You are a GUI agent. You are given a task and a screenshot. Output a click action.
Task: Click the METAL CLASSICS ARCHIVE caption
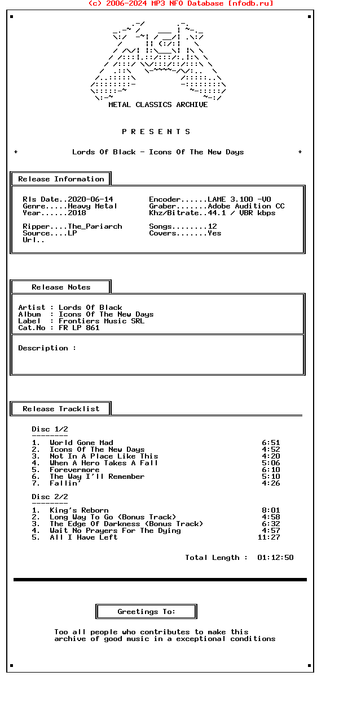click(158, 105)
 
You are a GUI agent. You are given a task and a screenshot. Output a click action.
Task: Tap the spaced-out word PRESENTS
click(156, 132)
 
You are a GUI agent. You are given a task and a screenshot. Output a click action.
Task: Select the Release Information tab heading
click(61, 179)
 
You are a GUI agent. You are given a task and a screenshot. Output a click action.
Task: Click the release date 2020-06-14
click(90, 199)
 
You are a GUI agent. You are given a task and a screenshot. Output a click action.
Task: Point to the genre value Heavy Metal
click(93, 206)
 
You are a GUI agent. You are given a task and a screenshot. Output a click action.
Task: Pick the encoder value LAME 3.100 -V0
click(239, 199)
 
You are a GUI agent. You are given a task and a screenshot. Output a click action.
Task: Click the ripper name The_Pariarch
click(95, 226)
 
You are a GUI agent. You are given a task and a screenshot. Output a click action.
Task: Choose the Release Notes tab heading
click(61, 287)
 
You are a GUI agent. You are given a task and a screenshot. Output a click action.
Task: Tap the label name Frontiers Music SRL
click(102, 321)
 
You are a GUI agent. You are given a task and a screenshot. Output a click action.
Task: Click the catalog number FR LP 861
click(79, 328)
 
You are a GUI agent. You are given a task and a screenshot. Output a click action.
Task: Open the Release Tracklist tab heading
click(61, 409)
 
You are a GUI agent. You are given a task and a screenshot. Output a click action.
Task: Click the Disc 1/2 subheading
click(50, 429)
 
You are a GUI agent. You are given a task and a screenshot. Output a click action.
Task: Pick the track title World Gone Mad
click(81, 443)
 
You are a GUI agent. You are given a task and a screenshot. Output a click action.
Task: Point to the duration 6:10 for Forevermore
click(271, 470)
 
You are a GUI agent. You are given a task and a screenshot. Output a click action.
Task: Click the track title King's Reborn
click(79, 510)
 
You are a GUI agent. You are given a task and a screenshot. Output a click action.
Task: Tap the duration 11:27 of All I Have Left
click(268, 537)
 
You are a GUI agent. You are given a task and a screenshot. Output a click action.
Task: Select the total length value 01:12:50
click(275, 558)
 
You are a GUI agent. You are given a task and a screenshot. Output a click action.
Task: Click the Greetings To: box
click(146, 612)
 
